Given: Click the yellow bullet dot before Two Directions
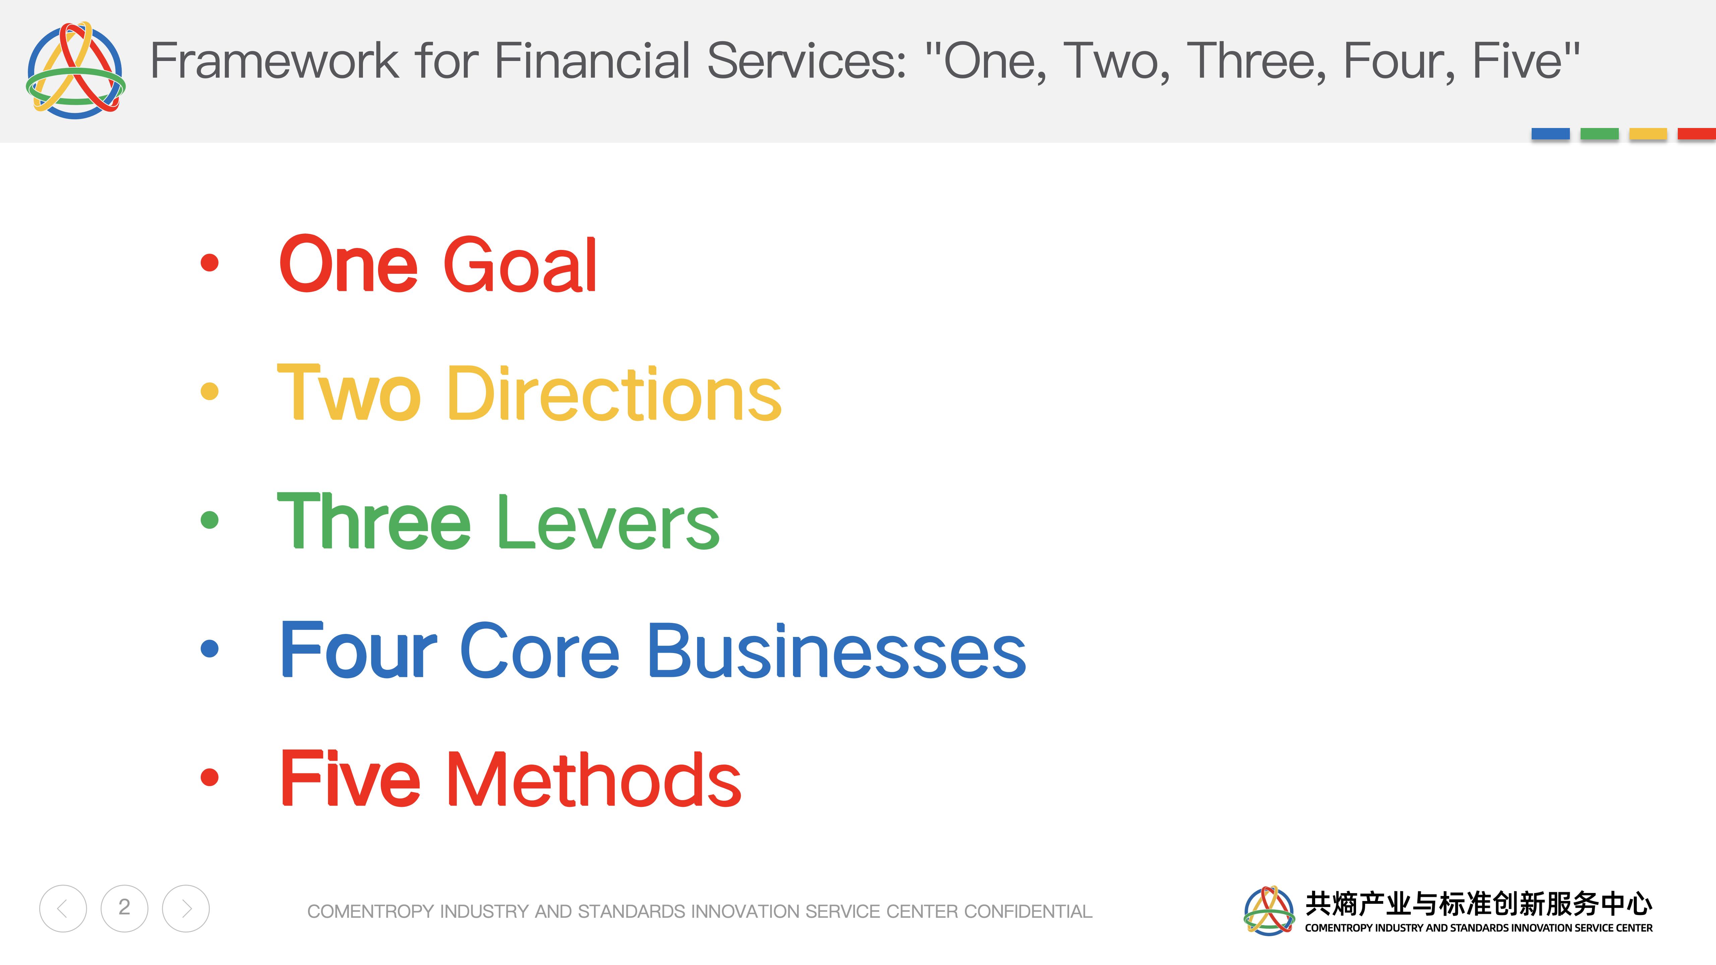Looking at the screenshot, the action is pyautogui.click(x=209, y=391).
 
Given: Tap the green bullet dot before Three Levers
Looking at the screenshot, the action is pyautogui.click(x=209, y=519).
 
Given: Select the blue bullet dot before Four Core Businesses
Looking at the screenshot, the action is pyautogui.click(x=209, y=648).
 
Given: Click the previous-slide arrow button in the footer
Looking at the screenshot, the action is pyautogui.click(x=63, y=908).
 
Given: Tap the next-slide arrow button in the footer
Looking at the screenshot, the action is pyautogui.click(x=186, y=908).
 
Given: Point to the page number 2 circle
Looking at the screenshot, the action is pyautogui.click(x=125, y=908).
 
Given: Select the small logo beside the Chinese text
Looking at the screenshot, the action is pyautogui.click(x=1269, y=910).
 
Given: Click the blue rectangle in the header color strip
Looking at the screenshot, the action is pyautogui.click(x=1550, y=134).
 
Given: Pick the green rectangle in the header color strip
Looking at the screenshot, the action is pyautogui.click(x=1599, y=134).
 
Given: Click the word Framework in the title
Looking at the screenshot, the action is pyautogui.click(x=274, y=61).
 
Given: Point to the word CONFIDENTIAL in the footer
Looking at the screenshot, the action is pyautogui.click(x=1028, y=911).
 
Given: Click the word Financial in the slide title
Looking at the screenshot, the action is pyautogui.click(x=592, y=61).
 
